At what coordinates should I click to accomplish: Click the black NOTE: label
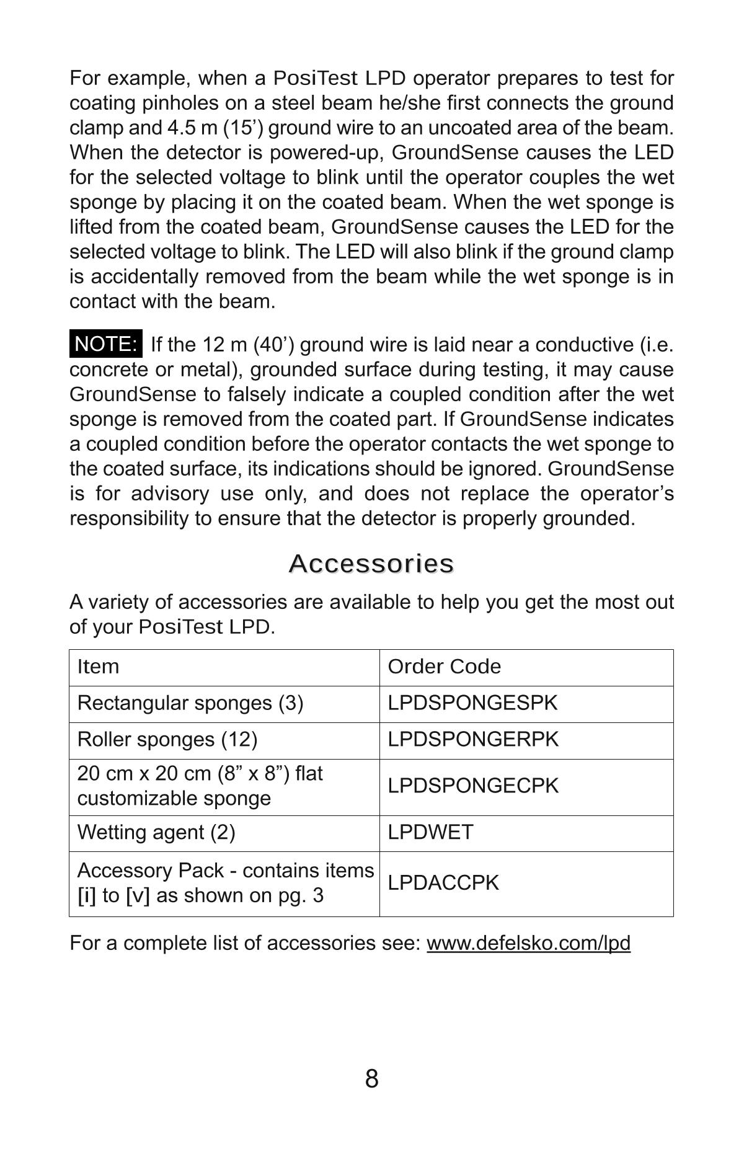105,344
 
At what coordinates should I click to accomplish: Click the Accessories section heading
371,564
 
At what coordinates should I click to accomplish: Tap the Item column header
98,667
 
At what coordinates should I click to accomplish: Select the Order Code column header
444,667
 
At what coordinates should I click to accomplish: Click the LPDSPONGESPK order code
472,703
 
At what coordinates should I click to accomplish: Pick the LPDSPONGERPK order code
473,740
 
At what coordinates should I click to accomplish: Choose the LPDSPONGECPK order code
473,786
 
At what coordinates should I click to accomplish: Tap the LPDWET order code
430,832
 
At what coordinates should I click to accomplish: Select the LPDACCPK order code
443,883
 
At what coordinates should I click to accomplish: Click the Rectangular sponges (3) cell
190,703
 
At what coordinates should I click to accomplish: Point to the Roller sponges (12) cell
167,740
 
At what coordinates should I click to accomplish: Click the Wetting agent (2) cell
156,832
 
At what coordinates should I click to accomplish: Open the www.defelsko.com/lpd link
528,943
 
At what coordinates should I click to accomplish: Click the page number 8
371,1079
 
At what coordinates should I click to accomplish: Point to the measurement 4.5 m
192,128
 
